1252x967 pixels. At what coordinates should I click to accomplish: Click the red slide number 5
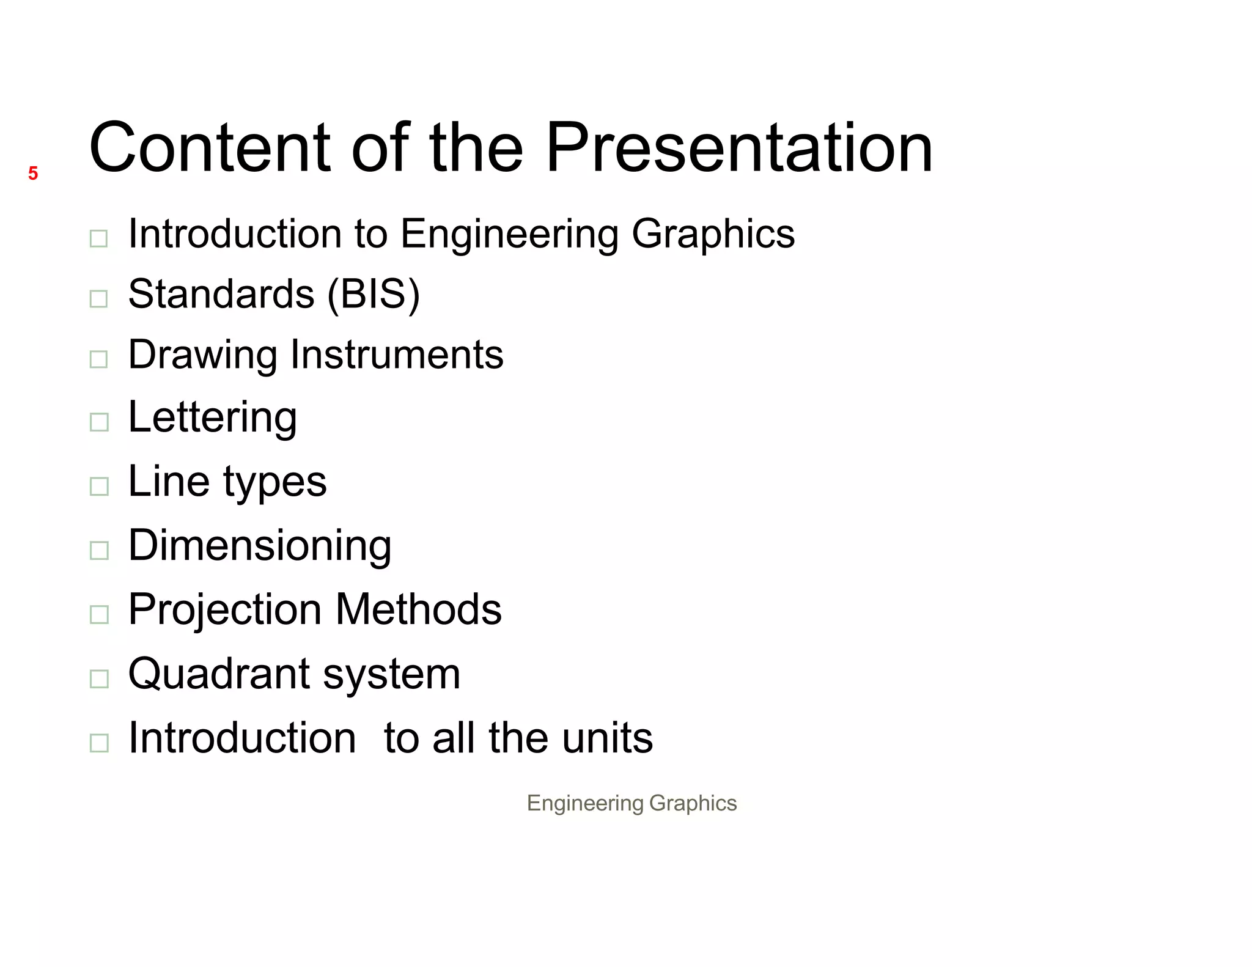click(33, 174)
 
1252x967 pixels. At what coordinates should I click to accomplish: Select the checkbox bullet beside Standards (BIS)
click(98, 298)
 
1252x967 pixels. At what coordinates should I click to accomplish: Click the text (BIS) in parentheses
click(374, 294)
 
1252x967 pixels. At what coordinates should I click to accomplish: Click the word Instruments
click(397, 355)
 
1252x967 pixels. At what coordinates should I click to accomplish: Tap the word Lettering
click(213, 418)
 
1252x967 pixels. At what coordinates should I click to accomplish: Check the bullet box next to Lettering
click(98, 422)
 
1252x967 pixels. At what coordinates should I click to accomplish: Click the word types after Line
click(274, 483)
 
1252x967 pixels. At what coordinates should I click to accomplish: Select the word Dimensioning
click(260, 545)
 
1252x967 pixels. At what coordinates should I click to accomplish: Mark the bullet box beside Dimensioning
click(98, 550)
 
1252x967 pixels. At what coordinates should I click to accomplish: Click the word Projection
click(225, 610)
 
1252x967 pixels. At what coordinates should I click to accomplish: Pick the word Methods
click(419, 609)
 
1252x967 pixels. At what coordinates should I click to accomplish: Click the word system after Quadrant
click(392, 674)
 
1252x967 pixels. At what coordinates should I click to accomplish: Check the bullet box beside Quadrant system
click(98, 678)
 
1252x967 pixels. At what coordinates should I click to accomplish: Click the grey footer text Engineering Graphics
click(632, 803)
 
